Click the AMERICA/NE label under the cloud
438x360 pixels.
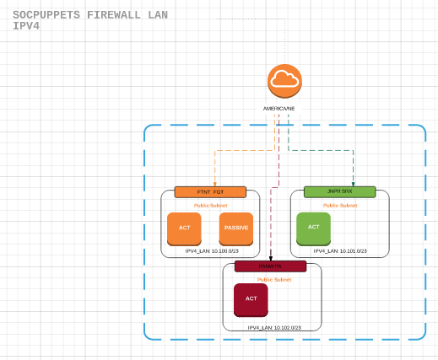click(278, 110)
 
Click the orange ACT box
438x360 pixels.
click(184, 228)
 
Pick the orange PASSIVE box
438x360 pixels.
click(235, 228)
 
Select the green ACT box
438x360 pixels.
click(313, 228)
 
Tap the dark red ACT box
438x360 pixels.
click(251, 299)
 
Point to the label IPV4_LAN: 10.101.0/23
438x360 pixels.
click(340, 251)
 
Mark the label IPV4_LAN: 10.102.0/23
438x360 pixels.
click(274, 327)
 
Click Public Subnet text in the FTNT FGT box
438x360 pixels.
click(210, 205)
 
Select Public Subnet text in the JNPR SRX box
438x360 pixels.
click(340, 205)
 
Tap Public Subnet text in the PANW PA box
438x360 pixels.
click(274, 279)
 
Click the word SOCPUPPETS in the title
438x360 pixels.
click(47, 15)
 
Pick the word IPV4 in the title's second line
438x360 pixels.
click(27, 26)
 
